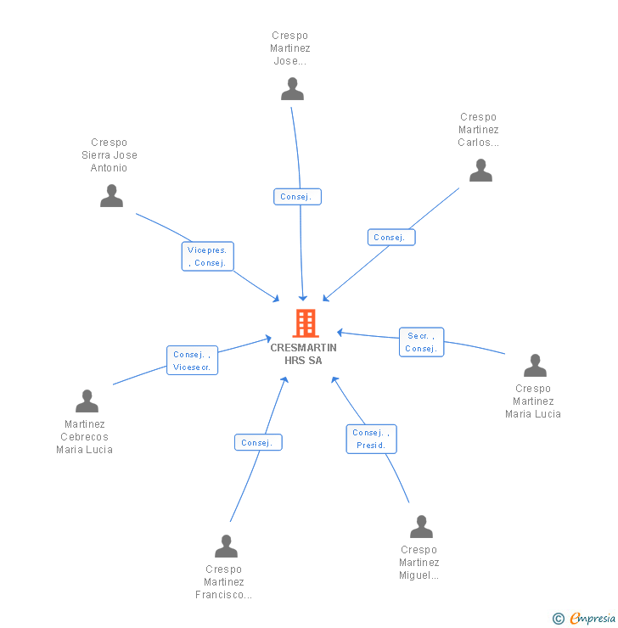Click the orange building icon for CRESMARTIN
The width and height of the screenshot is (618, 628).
click(304, 323)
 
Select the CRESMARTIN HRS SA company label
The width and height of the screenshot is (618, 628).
click(303, 354)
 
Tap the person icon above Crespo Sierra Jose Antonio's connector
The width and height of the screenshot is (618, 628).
click(111, 196)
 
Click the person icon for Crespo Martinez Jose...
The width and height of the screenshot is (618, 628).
click(292, 89)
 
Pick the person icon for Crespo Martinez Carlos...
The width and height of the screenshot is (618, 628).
click(480, 171)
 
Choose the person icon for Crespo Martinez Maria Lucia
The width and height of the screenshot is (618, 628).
click(535, 366)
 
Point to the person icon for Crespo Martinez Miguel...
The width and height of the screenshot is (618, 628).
click(421, 527)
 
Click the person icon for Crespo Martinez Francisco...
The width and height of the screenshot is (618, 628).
click(226, 547)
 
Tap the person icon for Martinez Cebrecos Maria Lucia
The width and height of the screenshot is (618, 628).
click(87, 401)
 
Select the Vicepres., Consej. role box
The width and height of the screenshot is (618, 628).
click(208, 256)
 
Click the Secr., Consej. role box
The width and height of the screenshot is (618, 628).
click(421, 342)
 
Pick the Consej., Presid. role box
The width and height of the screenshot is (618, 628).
click(371, 439)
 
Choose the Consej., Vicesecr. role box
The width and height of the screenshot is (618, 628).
click(193, 361)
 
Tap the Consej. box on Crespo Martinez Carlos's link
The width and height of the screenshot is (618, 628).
click(391, 238)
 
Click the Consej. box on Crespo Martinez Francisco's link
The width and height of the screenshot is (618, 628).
click(257, 443)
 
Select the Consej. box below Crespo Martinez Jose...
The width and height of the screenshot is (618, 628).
click(297, 197)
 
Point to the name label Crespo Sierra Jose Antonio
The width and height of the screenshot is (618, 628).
click(110, 155)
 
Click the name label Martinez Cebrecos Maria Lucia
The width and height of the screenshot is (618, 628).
click(84, 437)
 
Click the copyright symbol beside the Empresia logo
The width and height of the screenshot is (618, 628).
click(558, 619)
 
